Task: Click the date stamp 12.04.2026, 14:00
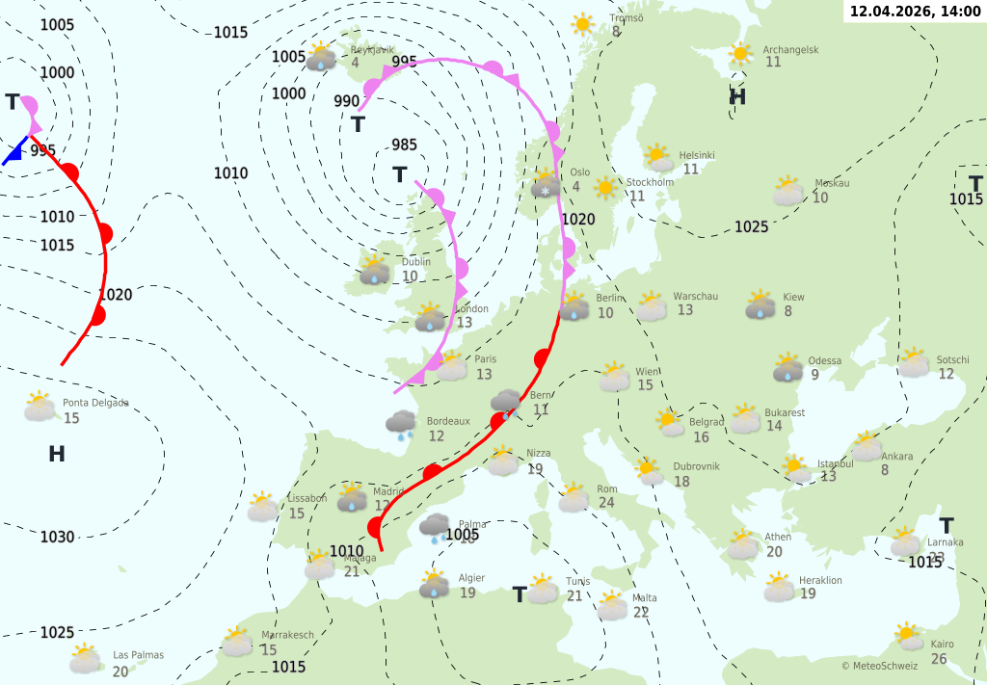click(x=915, y=11)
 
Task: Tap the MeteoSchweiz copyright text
click(x=879, y=666)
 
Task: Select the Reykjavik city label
click(x=373, y=49)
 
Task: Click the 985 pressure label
click(x=405, y=145)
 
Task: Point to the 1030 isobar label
click(x=57, y=537)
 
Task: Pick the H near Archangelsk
click(x=737, y=96)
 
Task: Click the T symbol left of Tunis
click(x=520, y=594)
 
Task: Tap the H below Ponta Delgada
click(x=57, y=454)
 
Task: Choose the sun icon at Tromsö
click(x=582, y=24)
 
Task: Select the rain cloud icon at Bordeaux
click(x=401, y=423)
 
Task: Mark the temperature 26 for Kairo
click(x=939, y=659)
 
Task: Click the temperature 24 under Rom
click(x=606, y=503)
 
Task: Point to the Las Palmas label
click(x=138, y=655)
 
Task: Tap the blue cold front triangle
click(x=13, y=152)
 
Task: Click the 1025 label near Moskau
click(x=751, y=226)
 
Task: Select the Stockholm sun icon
click(x=606, y=188)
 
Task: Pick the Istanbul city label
click(x=835, y=463)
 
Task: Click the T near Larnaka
click(x=947, y=526)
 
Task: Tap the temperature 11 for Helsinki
click(x=690, y=170)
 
